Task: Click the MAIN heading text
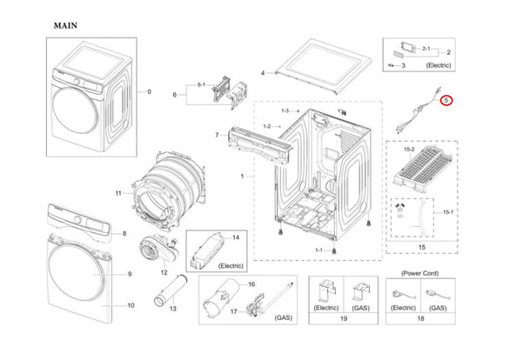tap(65, 25)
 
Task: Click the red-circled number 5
tap(446, 100)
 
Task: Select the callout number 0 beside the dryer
tap(149, 91)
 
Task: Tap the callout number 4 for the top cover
tap(263, 73)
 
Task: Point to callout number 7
tap(217, 135)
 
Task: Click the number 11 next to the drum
tap(118, 193)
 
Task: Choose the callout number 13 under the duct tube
tap(173, 309)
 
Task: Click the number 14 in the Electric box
tap(236, 237)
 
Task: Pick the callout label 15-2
tap(409, 150)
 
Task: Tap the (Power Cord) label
tap(420, 273)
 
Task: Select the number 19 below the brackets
tap(344, 319)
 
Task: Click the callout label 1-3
tap(285, 110)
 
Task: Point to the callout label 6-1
tap(202, 85)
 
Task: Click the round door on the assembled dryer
tap(75, 110)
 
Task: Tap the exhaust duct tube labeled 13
tap(171, 290)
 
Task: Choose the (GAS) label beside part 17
tap(284, 317)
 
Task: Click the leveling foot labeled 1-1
tap(333, 250)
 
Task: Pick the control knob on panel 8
tap(78, 219)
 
